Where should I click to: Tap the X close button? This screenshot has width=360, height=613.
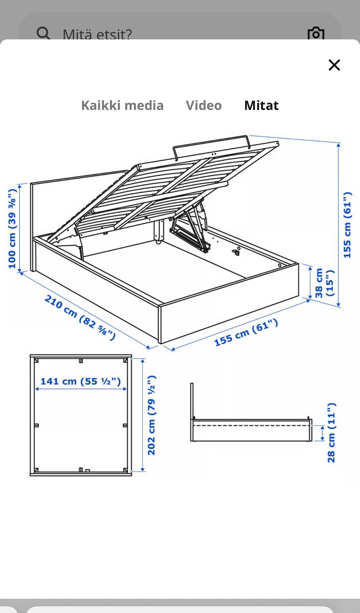pos(334,65)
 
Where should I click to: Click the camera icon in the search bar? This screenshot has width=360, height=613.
pos(316,33)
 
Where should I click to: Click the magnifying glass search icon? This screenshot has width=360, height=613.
pos(43,33)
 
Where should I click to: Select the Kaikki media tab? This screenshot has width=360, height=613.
pos(122,105)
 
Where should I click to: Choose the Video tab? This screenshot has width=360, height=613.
pos(204,105)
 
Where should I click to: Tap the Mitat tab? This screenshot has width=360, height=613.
pos(261,105)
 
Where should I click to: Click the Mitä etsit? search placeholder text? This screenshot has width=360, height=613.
pos(97,34)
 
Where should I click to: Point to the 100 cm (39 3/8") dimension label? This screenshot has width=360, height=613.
pos(12,228)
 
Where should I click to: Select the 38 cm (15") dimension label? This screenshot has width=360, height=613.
pos(324,283)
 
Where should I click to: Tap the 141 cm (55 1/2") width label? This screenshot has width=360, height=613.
pos(81,381)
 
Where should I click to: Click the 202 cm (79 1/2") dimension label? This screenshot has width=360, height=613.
pos(151,415)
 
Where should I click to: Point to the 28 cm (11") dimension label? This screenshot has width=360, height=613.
pos(331,433)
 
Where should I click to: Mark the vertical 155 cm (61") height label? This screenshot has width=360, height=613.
pos(347,225)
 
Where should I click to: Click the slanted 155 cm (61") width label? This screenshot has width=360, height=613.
pos(246,333)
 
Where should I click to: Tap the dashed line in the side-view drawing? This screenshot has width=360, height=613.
pos(251,426)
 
